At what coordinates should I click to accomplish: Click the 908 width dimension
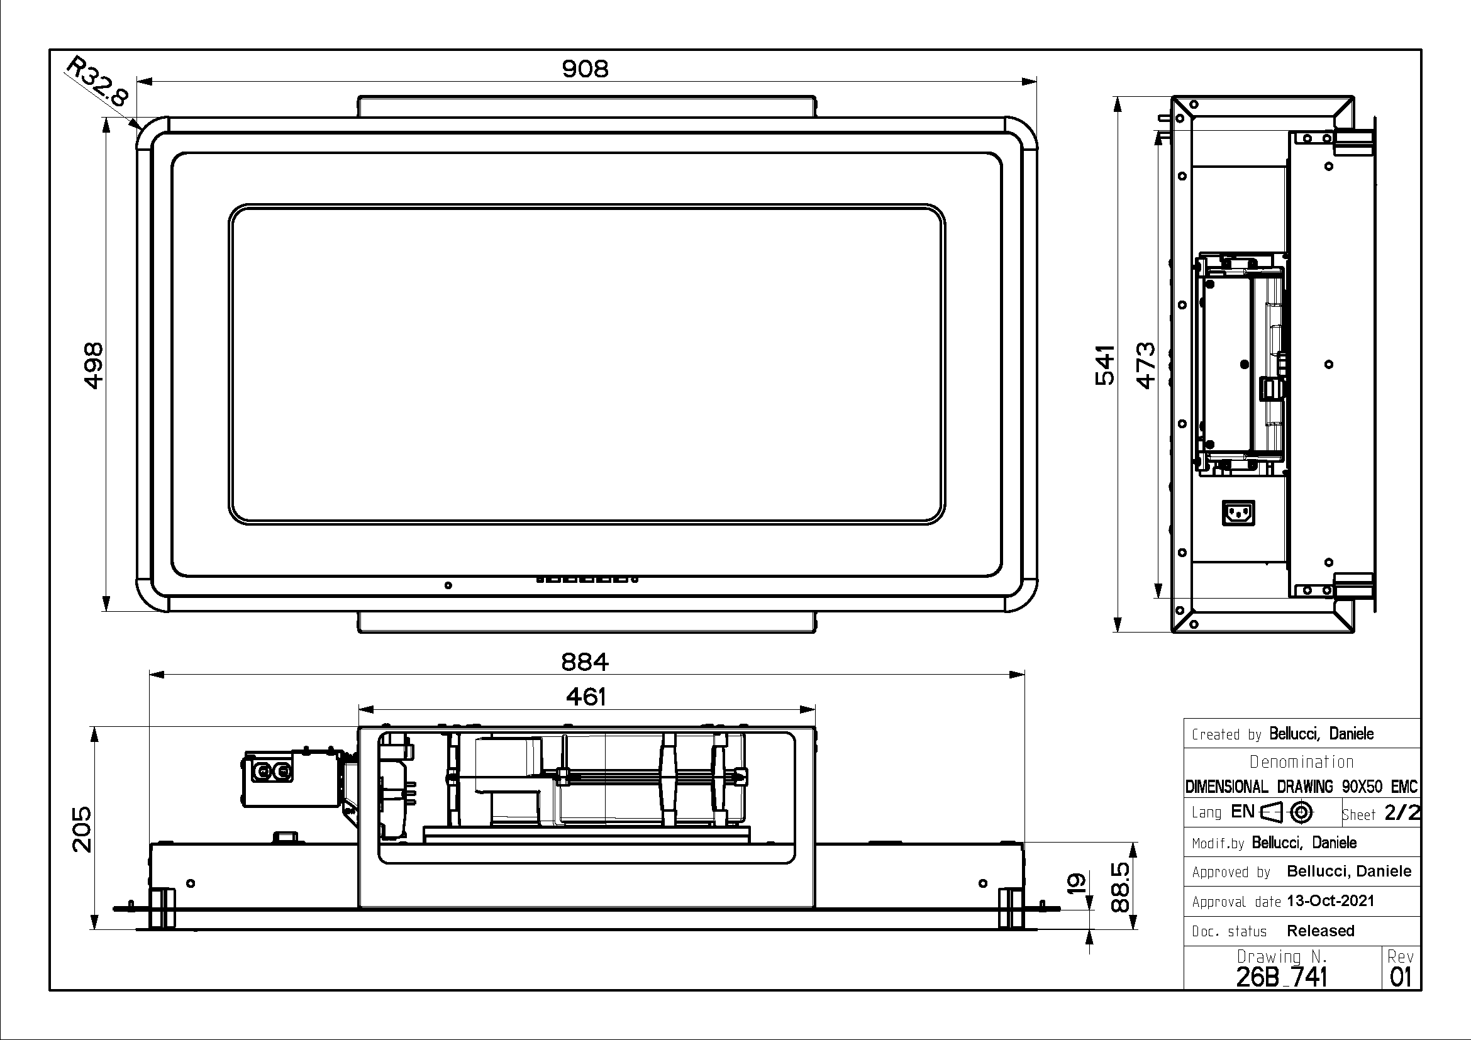tap(585, 69)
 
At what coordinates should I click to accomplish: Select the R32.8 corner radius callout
tap(98, 81)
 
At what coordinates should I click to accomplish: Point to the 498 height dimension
tap(94, 365)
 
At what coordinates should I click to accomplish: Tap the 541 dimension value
tap(1105, 365)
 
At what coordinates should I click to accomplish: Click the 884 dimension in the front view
tap(585, 661)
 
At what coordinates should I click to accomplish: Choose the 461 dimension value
tap(586, 697)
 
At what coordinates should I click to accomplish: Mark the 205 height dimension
tap(81, 829)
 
